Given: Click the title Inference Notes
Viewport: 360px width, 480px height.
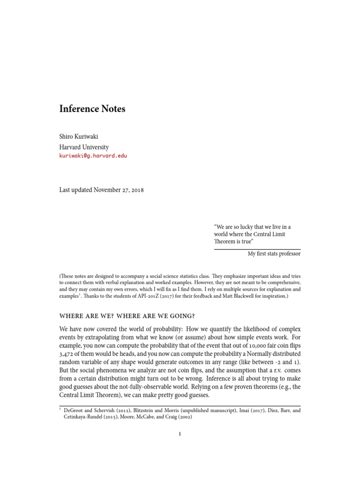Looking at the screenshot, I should tap(92, 109).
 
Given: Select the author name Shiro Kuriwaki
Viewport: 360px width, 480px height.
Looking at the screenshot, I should tap(82, 137).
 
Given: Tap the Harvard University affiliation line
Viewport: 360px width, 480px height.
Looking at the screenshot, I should tap(84, 147).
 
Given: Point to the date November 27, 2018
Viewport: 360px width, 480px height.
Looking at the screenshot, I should tap(119, 190).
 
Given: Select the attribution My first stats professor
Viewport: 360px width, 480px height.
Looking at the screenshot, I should tap(274, 254).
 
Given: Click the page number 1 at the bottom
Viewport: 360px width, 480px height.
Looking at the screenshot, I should tap(180, 434).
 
